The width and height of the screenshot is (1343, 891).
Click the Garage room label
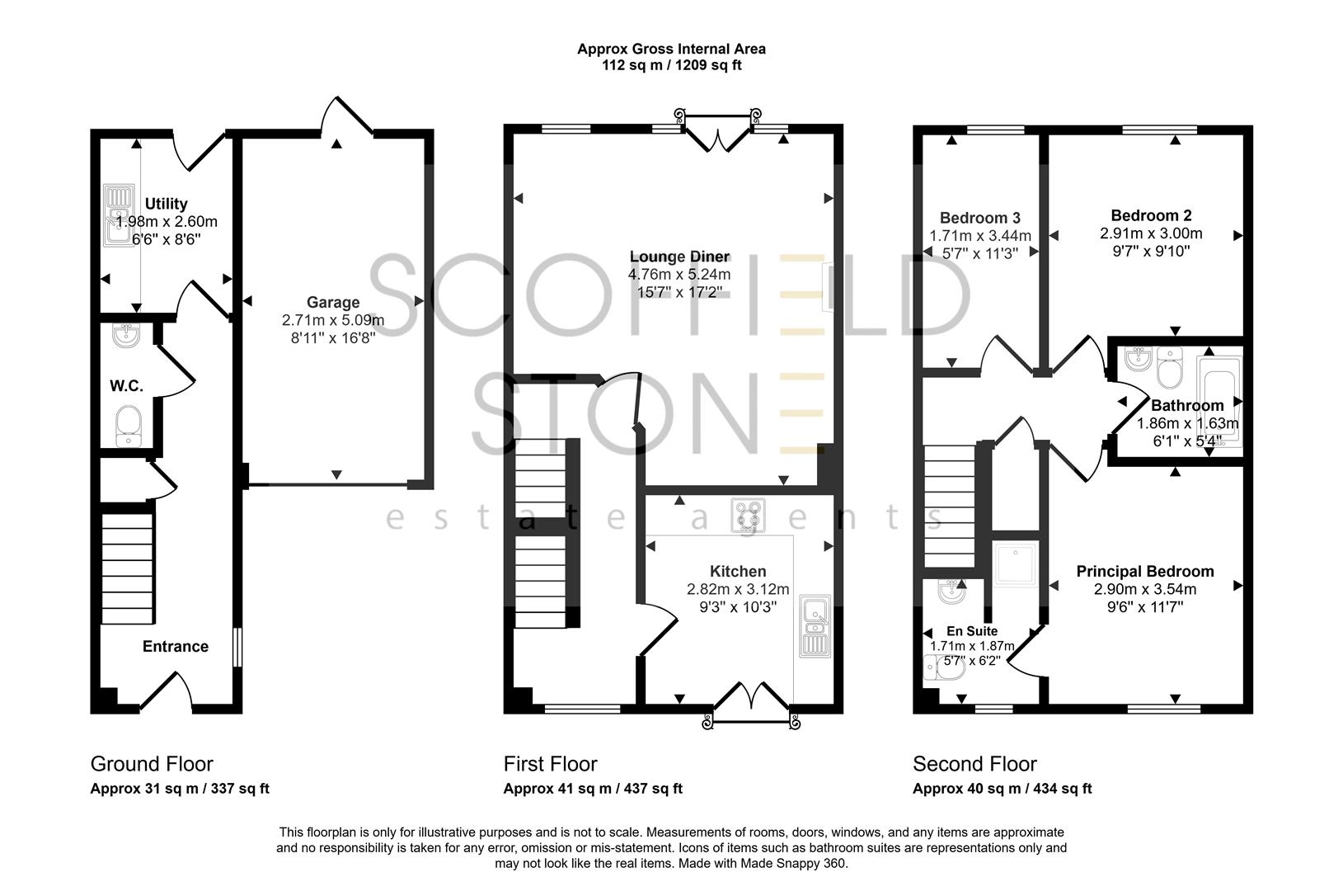pos(333,303)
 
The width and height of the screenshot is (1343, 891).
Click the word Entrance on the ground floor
pos(176,646)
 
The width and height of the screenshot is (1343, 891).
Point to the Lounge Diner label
pos(679,257)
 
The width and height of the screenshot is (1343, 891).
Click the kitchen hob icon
pos(748,515)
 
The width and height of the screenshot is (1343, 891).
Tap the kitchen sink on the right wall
pos(815,626)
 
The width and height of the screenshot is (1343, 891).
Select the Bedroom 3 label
pos(980,218)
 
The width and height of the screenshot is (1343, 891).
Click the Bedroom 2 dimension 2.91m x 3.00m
pos(1151,234)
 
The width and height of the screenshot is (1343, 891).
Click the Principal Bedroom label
pos(1145,571)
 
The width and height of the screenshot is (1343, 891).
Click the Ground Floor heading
pos(152,764)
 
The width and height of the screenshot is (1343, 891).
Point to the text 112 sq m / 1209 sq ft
pos(671,65)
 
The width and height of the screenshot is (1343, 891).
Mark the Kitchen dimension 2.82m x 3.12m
pos(738,590)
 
